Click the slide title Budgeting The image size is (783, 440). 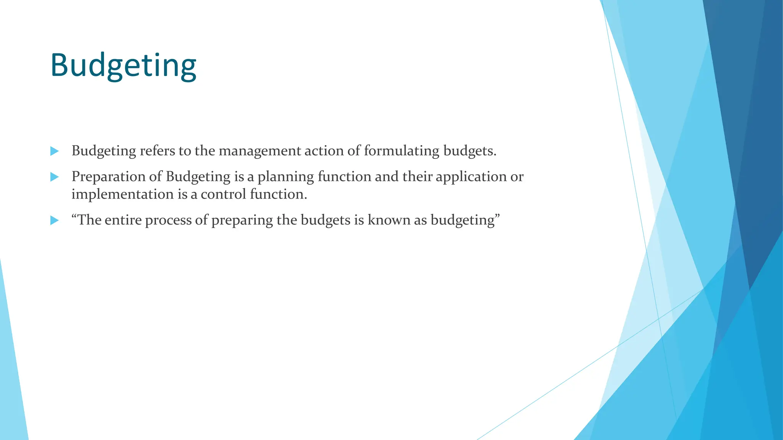(x=123, y=65)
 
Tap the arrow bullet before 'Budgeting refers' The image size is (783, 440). (x=55, y=151)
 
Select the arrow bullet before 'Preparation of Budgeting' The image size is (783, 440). (x=55, y=177)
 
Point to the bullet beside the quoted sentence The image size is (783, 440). (x=55, y=220)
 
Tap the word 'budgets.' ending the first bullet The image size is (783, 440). (x=470, y=151)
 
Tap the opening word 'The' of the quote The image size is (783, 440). (x=89, y=220)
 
